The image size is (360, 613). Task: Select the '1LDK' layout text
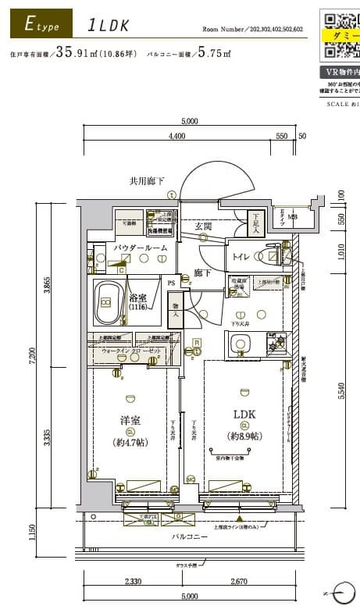[109, 25]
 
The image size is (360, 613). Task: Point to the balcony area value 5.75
[209, 54]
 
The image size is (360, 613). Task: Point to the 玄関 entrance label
[204, 226]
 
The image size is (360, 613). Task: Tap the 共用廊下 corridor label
[147, 181]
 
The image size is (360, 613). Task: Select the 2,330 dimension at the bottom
[134, 581]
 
